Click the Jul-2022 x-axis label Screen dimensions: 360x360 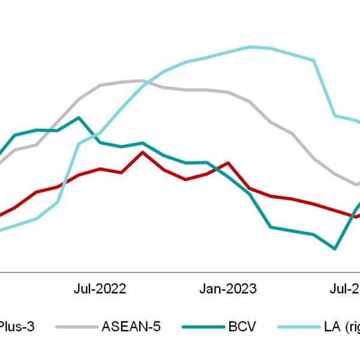[100, 289]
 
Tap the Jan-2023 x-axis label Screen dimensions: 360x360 [227, 289]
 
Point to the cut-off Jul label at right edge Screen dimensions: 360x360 [346, 289]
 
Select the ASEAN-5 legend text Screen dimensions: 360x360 [131, 326]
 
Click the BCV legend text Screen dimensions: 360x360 [241, 326]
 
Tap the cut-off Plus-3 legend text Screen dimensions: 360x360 [17, 326]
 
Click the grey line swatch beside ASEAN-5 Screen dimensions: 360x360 [76, 327]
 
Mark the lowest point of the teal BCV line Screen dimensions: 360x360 [335, 248]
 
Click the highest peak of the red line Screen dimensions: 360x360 [142, 152]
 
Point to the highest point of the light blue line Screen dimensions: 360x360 [250, 46]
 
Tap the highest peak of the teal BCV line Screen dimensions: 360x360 [79, 118]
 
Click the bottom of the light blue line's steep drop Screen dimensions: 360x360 [335, 115]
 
